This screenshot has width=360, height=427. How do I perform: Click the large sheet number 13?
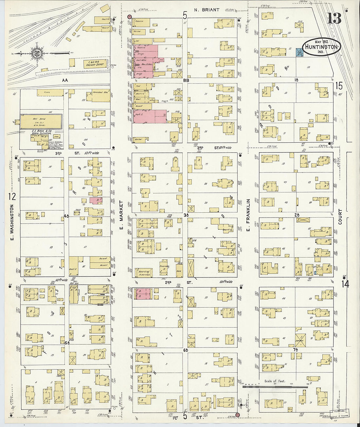point(334,18)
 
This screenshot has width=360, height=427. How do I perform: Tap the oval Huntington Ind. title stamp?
point(321,46)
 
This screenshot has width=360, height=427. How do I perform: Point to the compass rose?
point(36,53)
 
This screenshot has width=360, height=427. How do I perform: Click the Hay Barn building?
point(41,121)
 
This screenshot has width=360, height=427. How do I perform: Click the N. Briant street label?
point(207,10)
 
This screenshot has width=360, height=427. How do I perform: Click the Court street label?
point(340,217)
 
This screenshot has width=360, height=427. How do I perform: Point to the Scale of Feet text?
point(275,381)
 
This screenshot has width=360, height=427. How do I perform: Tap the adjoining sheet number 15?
point(339,86)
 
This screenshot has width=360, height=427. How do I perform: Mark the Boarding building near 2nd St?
point(144,272)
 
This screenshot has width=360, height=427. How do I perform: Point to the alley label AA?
point(64,80)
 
